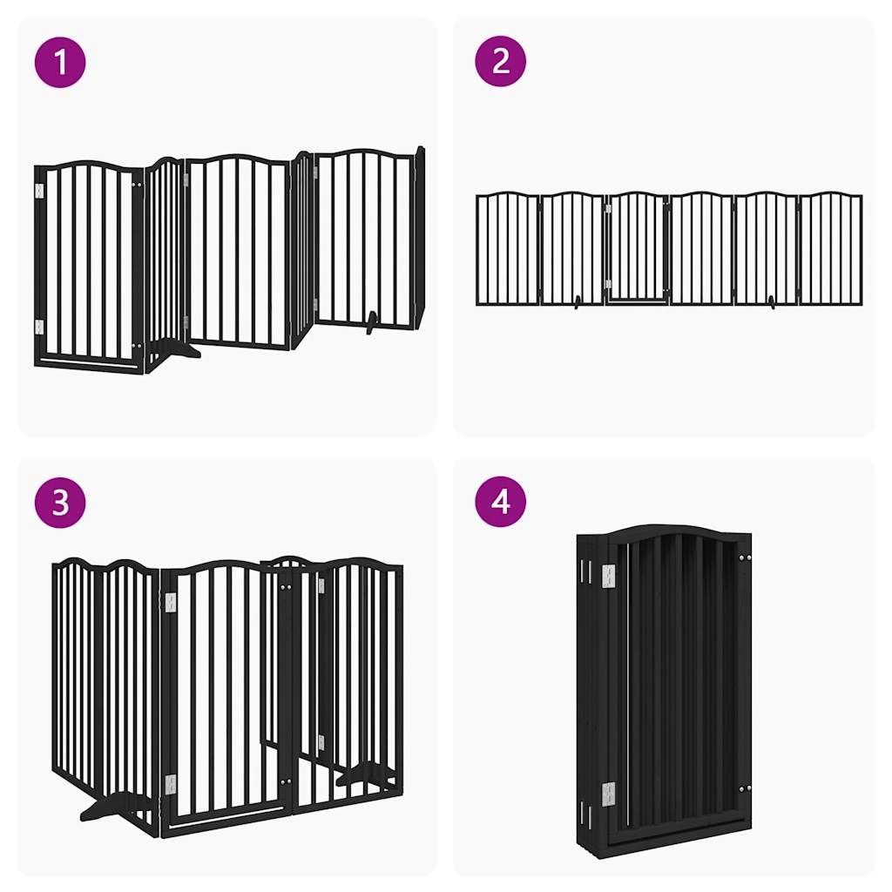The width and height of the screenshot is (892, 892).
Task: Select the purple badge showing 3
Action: click(60, 503)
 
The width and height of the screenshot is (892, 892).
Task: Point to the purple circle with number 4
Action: click(500, 503)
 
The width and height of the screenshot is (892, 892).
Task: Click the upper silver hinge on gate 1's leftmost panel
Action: click(38, 191)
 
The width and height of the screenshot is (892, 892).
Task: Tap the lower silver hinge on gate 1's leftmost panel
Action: click(38, 327)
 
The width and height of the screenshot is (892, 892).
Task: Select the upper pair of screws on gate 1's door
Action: click(136, 185)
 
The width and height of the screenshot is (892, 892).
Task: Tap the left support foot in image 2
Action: click(577, 302)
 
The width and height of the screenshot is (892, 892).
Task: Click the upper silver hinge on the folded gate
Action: click(608, 574)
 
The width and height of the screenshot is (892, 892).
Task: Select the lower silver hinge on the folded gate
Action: click(608, 794)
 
